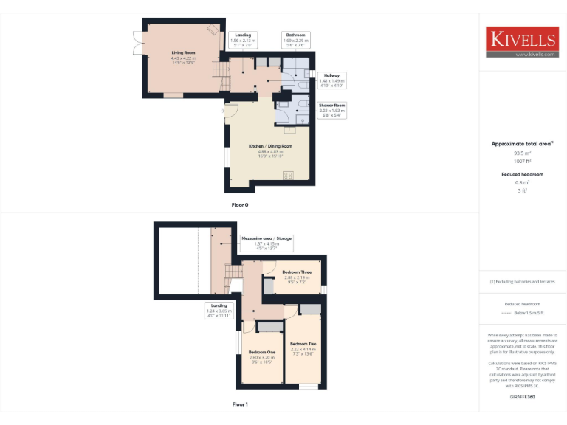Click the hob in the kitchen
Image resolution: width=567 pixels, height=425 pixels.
point(287,175)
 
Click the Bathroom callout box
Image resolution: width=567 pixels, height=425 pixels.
point(296,39)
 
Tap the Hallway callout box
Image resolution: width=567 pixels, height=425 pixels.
point(331,80)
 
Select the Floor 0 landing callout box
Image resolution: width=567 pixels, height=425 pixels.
point(243,39)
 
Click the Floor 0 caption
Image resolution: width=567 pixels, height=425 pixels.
point(240,204)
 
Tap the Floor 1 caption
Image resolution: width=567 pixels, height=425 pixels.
point(240,404)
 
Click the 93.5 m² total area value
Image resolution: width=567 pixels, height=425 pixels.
point(522,153)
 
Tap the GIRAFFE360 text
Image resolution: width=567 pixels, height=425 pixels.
point(522,397)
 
